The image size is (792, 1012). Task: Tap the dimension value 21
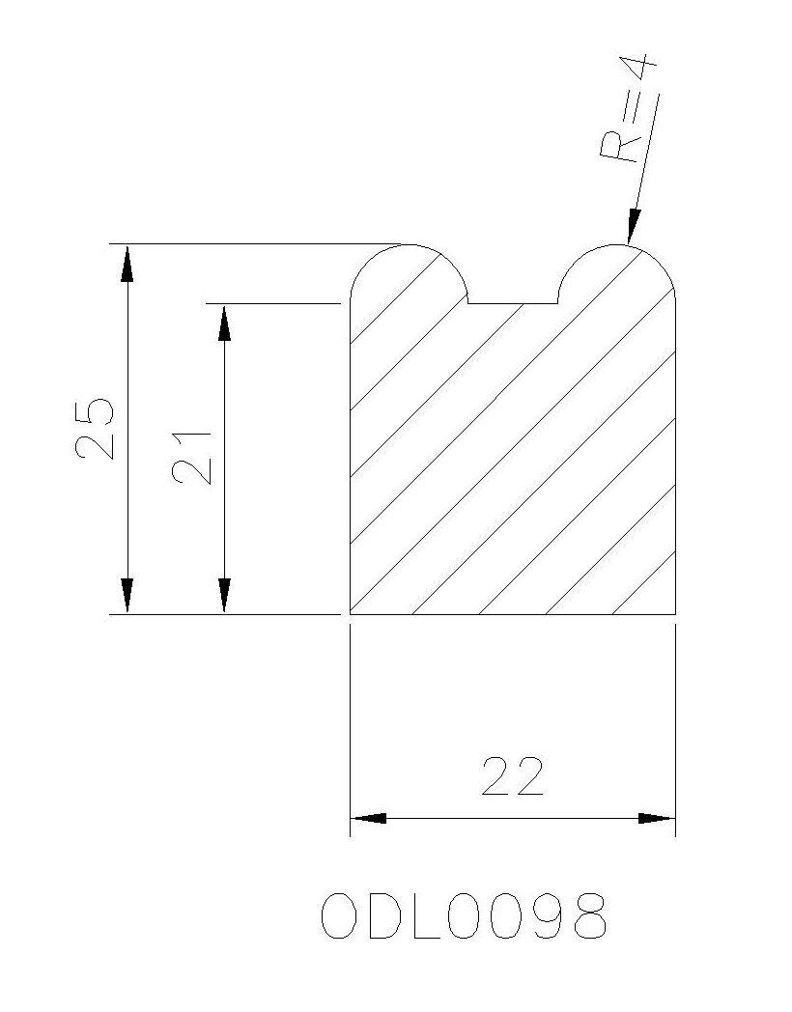191,457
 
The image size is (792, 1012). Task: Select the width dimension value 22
513,775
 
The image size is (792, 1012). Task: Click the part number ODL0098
464,916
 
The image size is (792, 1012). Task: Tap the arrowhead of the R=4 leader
634,227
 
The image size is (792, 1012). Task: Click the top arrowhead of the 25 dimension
127,264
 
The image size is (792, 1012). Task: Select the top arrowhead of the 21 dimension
224,323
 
